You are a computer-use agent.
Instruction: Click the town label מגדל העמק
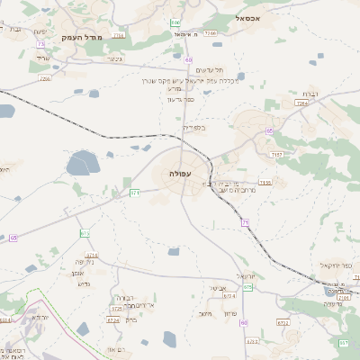(82, 37)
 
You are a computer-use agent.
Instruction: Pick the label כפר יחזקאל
(337, 266)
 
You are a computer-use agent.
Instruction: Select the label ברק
(131, 319)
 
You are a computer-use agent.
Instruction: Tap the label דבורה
(124, 297)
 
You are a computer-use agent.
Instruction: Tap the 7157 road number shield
(275, 155)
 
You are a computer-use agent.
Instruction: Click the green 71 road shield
(245, 220)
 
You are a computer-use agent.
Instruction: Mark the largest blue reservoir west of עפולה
(83, 163)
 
